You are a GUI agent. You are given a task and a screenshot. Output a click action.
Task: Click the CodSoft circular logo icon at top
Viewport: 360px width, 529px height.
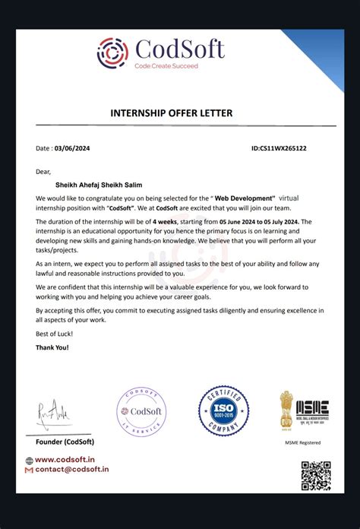[114, 52]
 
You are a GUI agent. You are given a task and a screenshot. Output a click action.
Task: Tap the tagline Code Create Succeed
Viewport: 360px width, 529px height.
[166, 66]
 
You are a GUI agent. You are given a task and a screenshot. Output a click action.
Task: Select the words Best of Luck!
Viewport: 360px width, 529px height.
[54, 334]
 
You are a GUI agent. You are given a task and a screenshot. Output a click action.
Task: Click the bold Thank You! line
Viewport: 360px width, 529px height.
[52, 347]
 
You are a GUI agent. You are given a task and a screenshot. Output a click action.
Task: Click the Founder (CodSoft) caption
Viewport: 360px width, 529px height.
[65, 442]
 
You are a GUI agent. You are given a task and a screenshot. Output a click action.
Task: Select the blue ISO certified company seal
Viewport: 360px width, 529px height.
[223, 412]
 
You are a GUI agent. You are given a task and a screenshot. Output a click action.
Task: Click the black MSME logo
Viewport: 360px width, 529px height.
[311, 410]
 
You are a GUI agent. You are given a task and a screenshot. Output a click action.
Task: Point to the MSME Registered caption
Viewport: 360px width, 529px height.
[302, 442]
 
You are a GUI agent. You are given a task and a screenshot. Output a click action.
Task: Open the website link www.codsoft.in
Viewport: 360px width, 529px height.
[65, 459]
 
